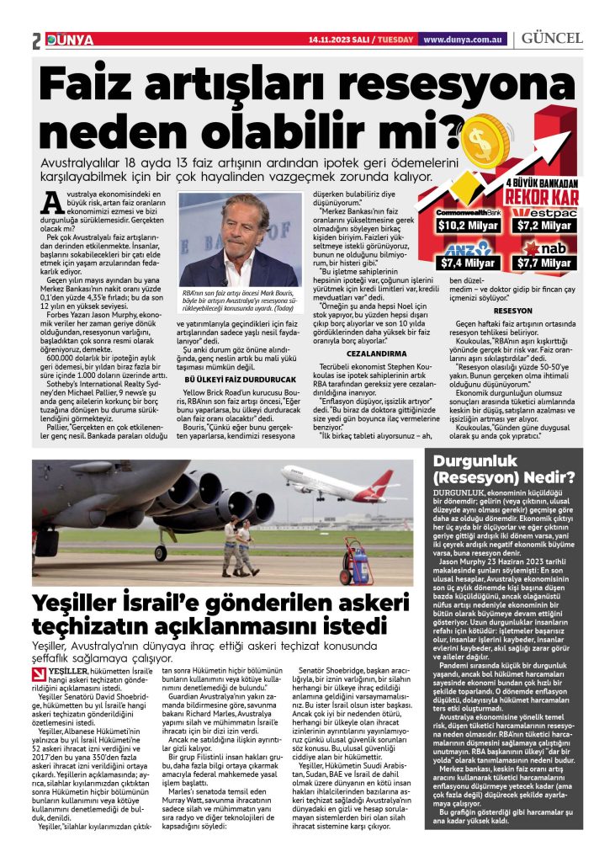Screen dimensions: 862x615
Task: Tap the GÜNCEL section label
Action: pyautogui.click(x=552, y=39)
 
